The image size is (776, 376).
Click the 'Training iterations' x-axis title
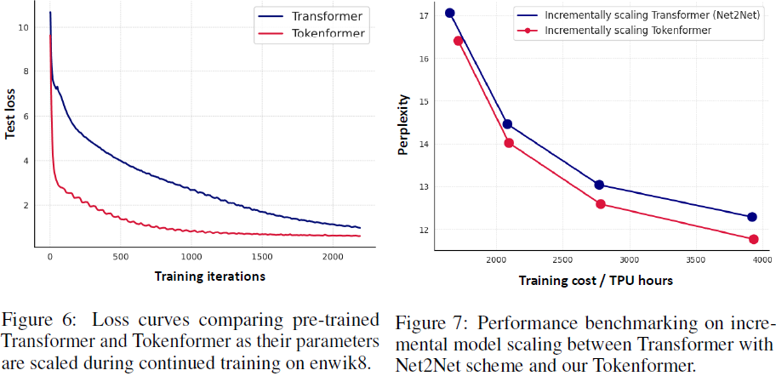(210, 276)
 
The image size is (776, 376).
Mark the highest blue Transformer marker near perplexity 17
(450, 13)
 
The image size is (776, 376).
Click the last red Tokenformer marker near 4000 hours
(754, 239)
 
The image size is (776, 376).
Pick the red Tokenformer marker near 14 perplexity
(509, 143)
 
